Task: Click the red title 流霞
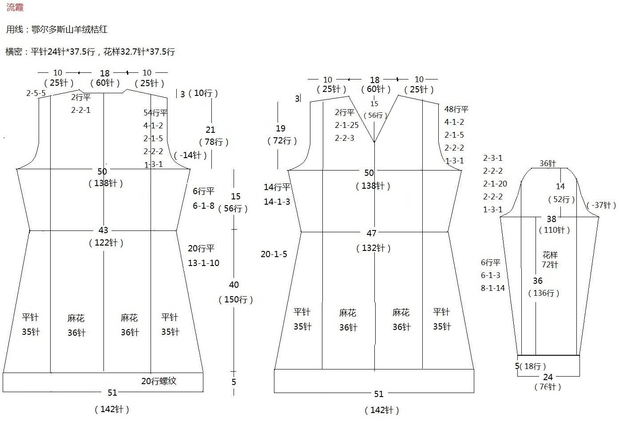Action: pyautogui.click(x=15, y=7)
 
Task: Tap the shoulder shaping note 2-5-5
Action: pyautogui.click(x=36, y=93)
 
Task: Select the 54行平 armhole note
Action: pyautogui.click(x=155, y=113)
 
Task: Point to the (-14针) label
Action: pyautogui.click(x=190, y=155)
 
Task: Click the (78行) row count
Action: pyautogui.click(x=214, y=142)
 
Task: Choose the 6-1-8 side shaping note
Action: pyautogui.click(x=203, y=206)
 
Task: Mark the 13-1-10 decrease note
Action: pyautogui.click(x=203, y=263)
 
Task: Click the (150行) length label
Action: pyautogui.click(x=236, y=300)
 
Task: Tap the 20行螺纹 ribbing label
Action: pyautogui.click(x=159, y=381)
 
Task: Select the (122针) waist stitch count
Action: pyautogui.click(x=106, y=243)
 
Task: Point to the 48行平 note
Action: pyautogui.click(x=456, y=109)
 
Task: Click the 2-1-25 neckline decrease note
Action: pyautogui.click(x=346, y=125)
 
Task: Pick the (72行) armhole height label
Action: pyautogui.click(x=282, y=141)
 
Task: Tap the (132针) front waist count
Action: pyautogui.click(x=373, y=248)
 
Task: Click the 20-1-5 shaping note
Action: pyautogui.click(x=274, y=254)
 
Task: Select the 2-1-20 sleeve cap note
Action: pyautogui.click(x=495, y=184)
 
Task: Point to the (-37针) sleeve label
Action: pyautogui.click(x=601, y=205)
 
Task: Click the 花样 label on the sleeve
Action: pyautogui.click(x=550, y=254)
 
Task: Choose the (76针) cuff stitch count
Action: pyautogui.click(x=548, y=387)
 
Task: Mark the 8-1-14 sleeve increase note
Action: pyautogui.click(x=493, y=288)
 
